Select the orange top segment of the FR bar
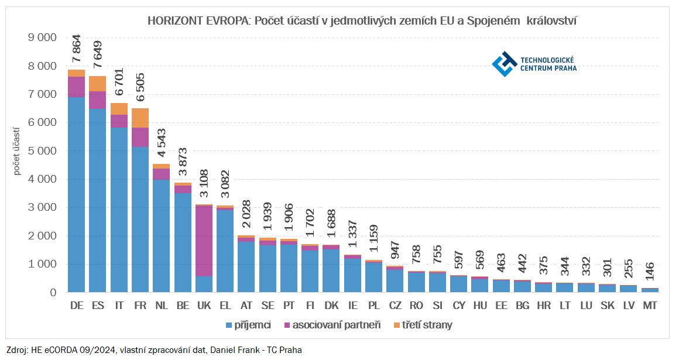140,118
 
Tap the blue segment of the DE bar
77,193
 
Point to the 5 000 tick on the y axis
43,151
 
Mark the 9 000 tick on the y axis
43,37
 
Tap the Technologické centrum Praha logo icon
503,64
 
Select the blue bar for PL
374,277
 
